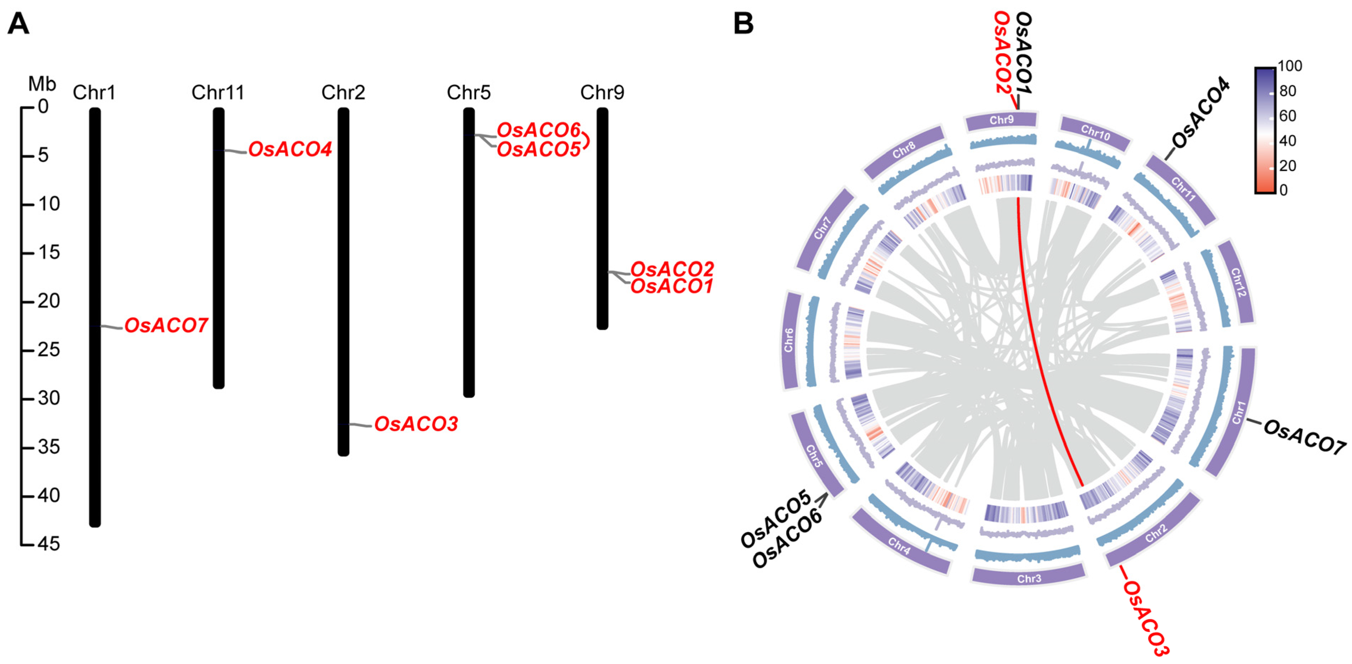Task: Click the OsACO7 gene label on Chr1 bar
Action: tap(166, 326)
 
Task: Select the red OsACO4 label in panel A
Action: tap(290, 150)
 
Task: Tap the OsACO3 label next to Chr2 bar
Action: tap(416, 424)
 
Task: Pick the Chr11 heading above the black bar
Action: tap(218, 93)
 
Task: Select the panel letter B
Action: tap(743, 24)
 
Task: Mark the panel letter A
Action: tap(19, 24)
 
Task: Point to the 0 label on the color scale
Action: tap(1283, 190)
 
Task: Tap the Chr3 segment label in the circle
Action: tap(1029, 578)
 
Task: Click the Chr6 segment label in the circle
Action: tap(788, 340)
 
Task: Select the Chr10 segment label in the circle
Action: tap(1095, 133)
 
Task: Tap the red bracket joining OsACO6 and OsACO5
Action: tap(586, 141)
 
